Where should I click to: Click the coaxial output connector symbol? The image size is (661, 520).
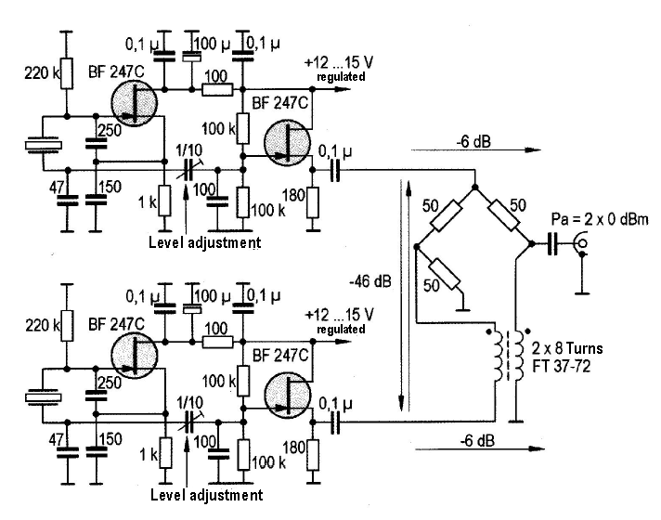click(x=583, y=245)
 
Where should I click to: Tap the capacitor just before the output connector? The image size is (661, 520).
click(x=552, y=245)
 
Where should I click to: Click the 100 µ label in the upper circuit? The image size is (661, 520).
click(x=212, y=45)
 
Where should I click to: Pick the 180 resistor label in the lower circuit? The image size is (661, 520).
click(x=296, y=447)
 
